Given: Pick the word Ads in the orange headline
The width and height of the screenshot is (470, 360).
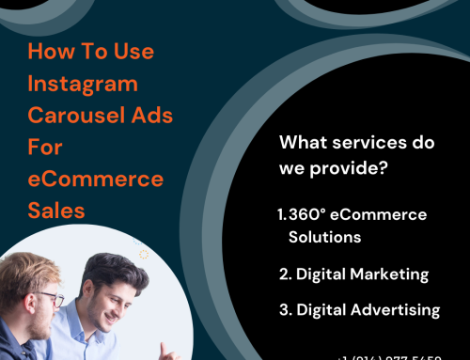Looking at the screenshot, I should click(140, 116).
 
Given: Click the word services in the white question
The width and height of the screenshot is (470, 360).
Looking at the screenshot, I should click(363, 144).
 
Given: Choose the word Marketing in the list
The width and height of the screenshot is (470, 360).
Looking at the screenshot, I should click(388, 274).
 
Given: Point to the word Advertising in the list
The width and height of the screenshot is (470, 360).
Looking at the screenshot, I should click(395, 309).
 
